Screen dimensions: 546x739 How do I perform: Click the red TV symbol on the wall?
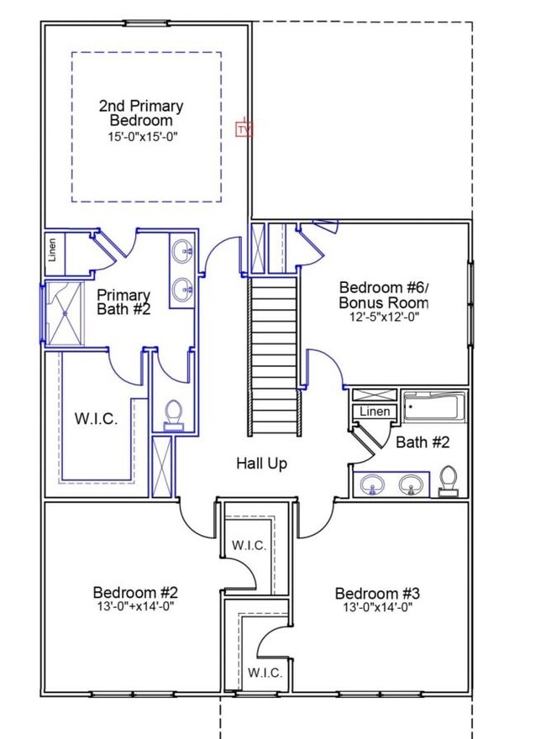(x=244, y=129)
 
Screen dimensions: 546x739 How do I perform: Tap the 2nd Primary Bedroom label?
(x=141, y=113)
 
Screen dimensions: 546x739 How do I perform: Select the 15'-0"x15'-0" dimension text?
(x=143, y=137)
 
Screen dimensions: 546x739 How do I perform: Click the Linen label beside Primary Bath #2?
(x=52, y=249)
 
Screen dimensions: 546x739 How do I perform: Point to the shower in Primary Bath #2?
(x=65, y=313)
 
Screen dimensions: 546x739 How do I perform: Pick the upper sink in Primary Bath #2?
(x=182, y=251)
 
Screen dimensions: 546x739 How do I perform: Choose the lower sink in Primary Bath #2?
(x=182, y=290)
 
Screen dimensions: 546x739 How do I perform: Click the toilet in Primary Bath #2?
(x=174, y=415)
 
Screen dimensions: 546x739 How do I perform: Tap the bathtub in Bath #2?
(x=433, y=406)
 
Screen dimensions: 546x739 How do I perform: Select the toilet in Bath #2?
(x=448, y=480)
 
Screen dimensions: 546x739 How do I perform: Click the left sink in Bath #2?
(x=372, y=485)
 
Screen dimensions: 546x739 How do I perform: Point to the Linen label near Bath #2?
(x=375, y=411)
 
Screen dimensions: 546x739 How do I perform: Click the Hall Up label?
(x=262, y=464)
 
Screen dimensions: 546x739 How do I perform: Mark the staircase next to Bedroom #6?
(x=275, y=356)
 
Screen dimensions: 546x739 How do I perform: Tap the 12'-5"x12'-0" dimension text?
(x=384, y=317)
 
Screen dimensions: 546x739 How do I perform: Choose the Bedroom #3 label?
(x=377, y=594)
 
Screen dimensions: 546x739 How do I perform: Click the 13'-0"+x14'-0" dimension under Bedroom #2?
(x=136, y=606)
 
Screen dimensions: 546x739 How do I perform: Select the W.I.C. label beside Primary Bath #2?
(x=97, y=418)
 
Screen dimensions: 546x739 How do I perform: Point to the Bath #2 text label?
(x=423, y=442)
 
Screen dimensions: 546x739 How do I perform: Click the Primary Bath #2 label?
(x=123, y=302)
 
